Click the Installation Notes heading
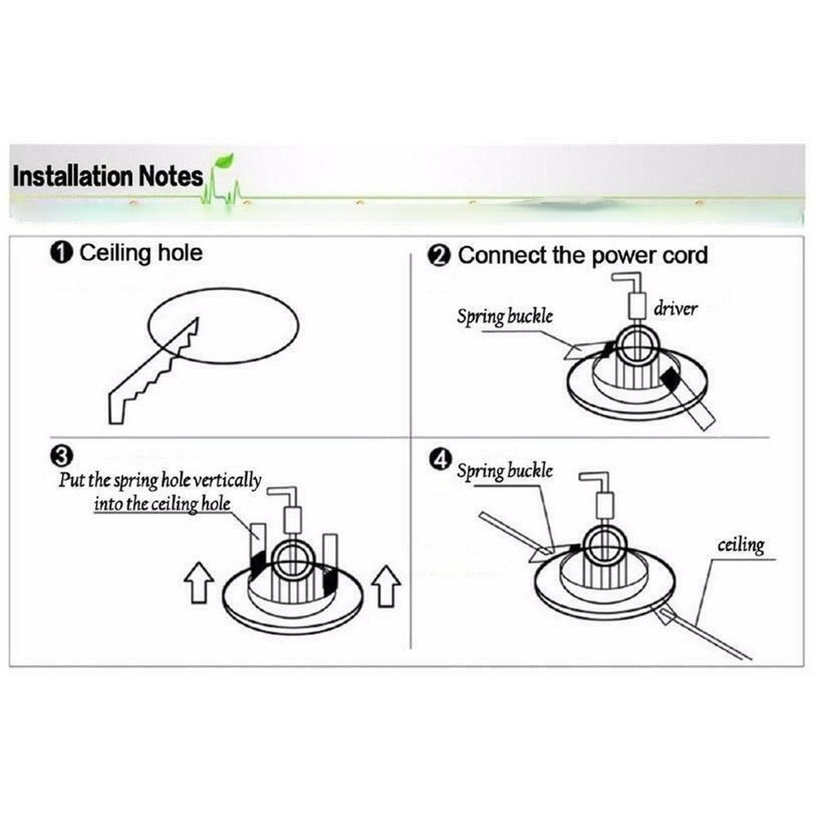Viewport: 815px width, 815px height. [x=108, y=176]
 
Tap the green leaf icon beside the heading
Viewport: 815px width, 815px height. [x=222, y=163]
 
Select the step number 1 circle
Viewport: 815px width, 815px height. [x=63, y=253]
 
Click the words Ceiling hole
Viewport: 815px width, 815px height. [x=140, y=253]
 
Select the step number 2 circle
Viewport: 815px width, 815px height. [x=439, y=256]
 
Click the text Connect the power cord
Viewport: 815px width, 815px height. [x=582, y=256]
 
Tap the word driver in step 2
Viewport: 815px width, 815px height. [x=675, y=309]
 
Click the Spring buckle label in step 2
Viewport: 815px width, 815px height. [x=504, y=316]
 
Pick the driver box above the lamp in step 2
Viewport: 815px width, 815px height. [x=637, y=306]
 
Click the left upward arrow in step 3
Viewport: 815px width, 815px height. [x=200, y=585]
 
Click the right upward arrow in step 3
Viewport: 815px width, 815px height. [x=385, y=585]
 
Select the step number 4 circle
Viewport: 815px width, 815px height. [x=439, y=461]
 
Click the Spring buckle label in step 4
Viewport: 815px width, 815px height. [x=504, y=471]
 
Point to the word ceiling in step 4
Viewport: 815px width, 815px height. [x=740, y=544]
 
